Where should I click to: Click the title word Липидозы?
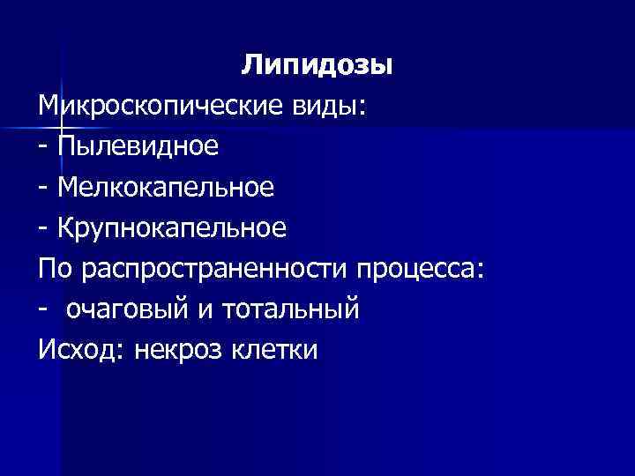[317, 65]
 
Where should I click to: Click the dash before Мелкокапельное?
[44, 188]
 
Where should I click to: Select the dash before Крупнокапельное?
[44, 229]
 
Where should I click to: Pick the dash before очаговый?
[44, 310]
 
